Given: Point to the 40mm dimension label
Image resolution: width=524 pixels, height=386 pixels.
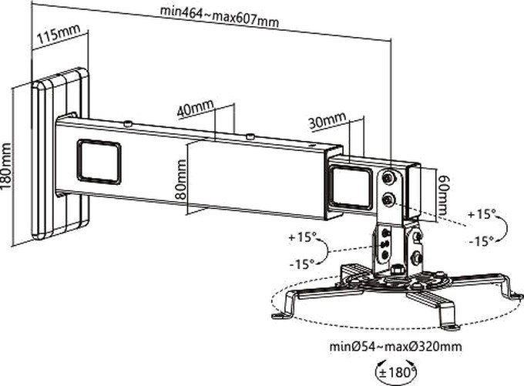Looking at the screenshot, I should [x=194, y=110].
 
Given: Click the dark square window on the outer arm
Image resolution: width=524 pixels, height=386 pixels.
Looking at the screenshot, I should [x=98, y=161].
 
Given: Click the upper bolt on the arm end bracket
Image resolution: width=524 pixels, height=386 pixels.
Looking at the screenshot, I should [x=389, y=177].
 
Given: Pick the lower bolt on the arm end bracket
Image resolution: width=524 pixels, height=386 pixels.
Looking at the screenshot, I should [x=389, y=200].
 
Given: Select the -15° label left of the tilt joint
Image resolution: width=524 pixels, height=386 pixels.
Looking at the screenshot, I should [x=301, y=263].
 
